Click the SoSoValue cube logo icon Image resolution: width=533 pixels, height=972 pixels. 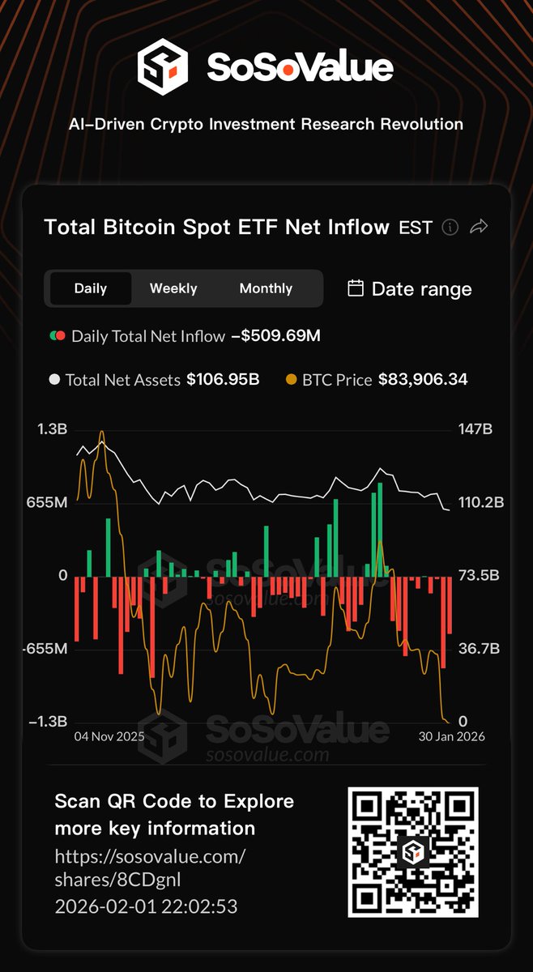(x=162, y=66)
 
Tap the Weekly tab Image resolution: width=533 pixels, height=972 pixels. (x=173, y=288)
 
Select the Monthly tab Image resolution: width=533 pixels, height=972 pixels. (x=266, y=288)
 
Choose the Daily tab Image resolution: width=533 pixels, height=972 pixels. (x=91, y=288)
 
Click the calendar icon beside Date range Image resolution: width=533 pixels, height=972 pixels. (x=355, y=288)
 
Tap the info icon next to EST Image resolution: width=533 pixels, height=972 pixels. (x=450, y=228)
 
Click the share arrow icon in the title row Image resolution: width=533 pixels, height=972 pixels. (x=479, y=228)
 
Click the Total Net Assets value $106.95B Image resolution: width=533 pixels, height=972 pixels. (x=223, y=379)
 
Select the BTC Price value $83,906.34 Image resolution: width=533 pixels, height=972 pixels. (x=423, y=379)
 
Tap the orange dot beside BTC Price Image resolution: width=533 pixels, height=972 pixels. (x=292, y=379)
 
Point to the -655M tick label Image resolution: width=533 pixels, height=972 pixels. (x=44, y=649)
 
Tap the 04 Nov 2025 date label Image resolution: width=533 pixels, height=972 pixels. (x=109, y=736)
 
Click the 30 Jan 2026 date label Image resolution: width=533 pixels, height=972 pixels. (x=450, y=736)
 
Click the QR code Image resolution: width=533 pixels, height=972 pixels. (x=413, y=852)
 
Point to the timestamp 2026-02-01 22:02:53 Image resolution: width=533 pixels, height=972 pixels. (x=146, y=906)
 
